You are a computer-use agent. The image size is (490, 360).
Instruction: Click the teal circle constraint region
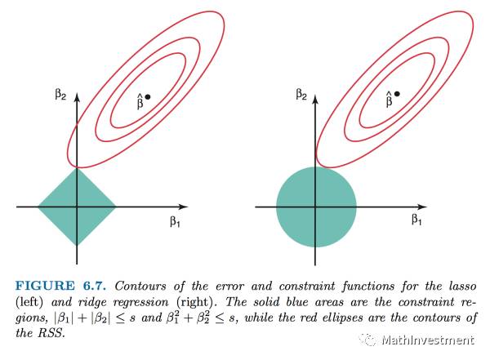coord(316,207)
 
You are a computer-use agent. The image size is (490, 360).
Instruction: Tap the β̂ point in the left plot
coord(147,97)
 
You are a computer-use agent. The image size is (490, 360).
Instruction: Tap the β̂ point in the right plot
coord(397,94)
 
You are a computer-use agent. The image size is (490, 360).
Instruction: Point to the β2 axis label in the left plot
coord(61,96)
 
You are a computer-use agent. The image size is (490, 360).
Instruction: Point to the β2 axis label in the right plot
coord(301,96)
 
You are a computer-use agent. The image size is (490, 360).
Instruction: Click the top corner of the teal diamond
coord(76,167)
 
